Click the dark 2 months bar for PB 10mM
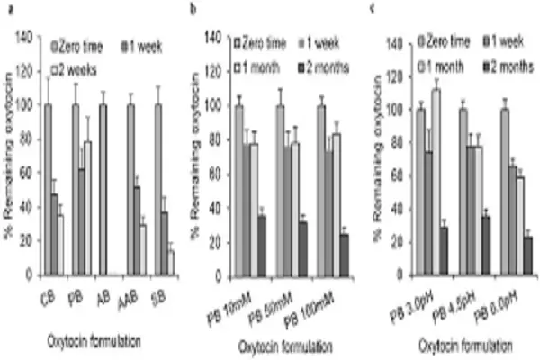click(262, 244)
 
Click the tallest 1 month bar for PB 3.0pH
click(436, 181)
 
